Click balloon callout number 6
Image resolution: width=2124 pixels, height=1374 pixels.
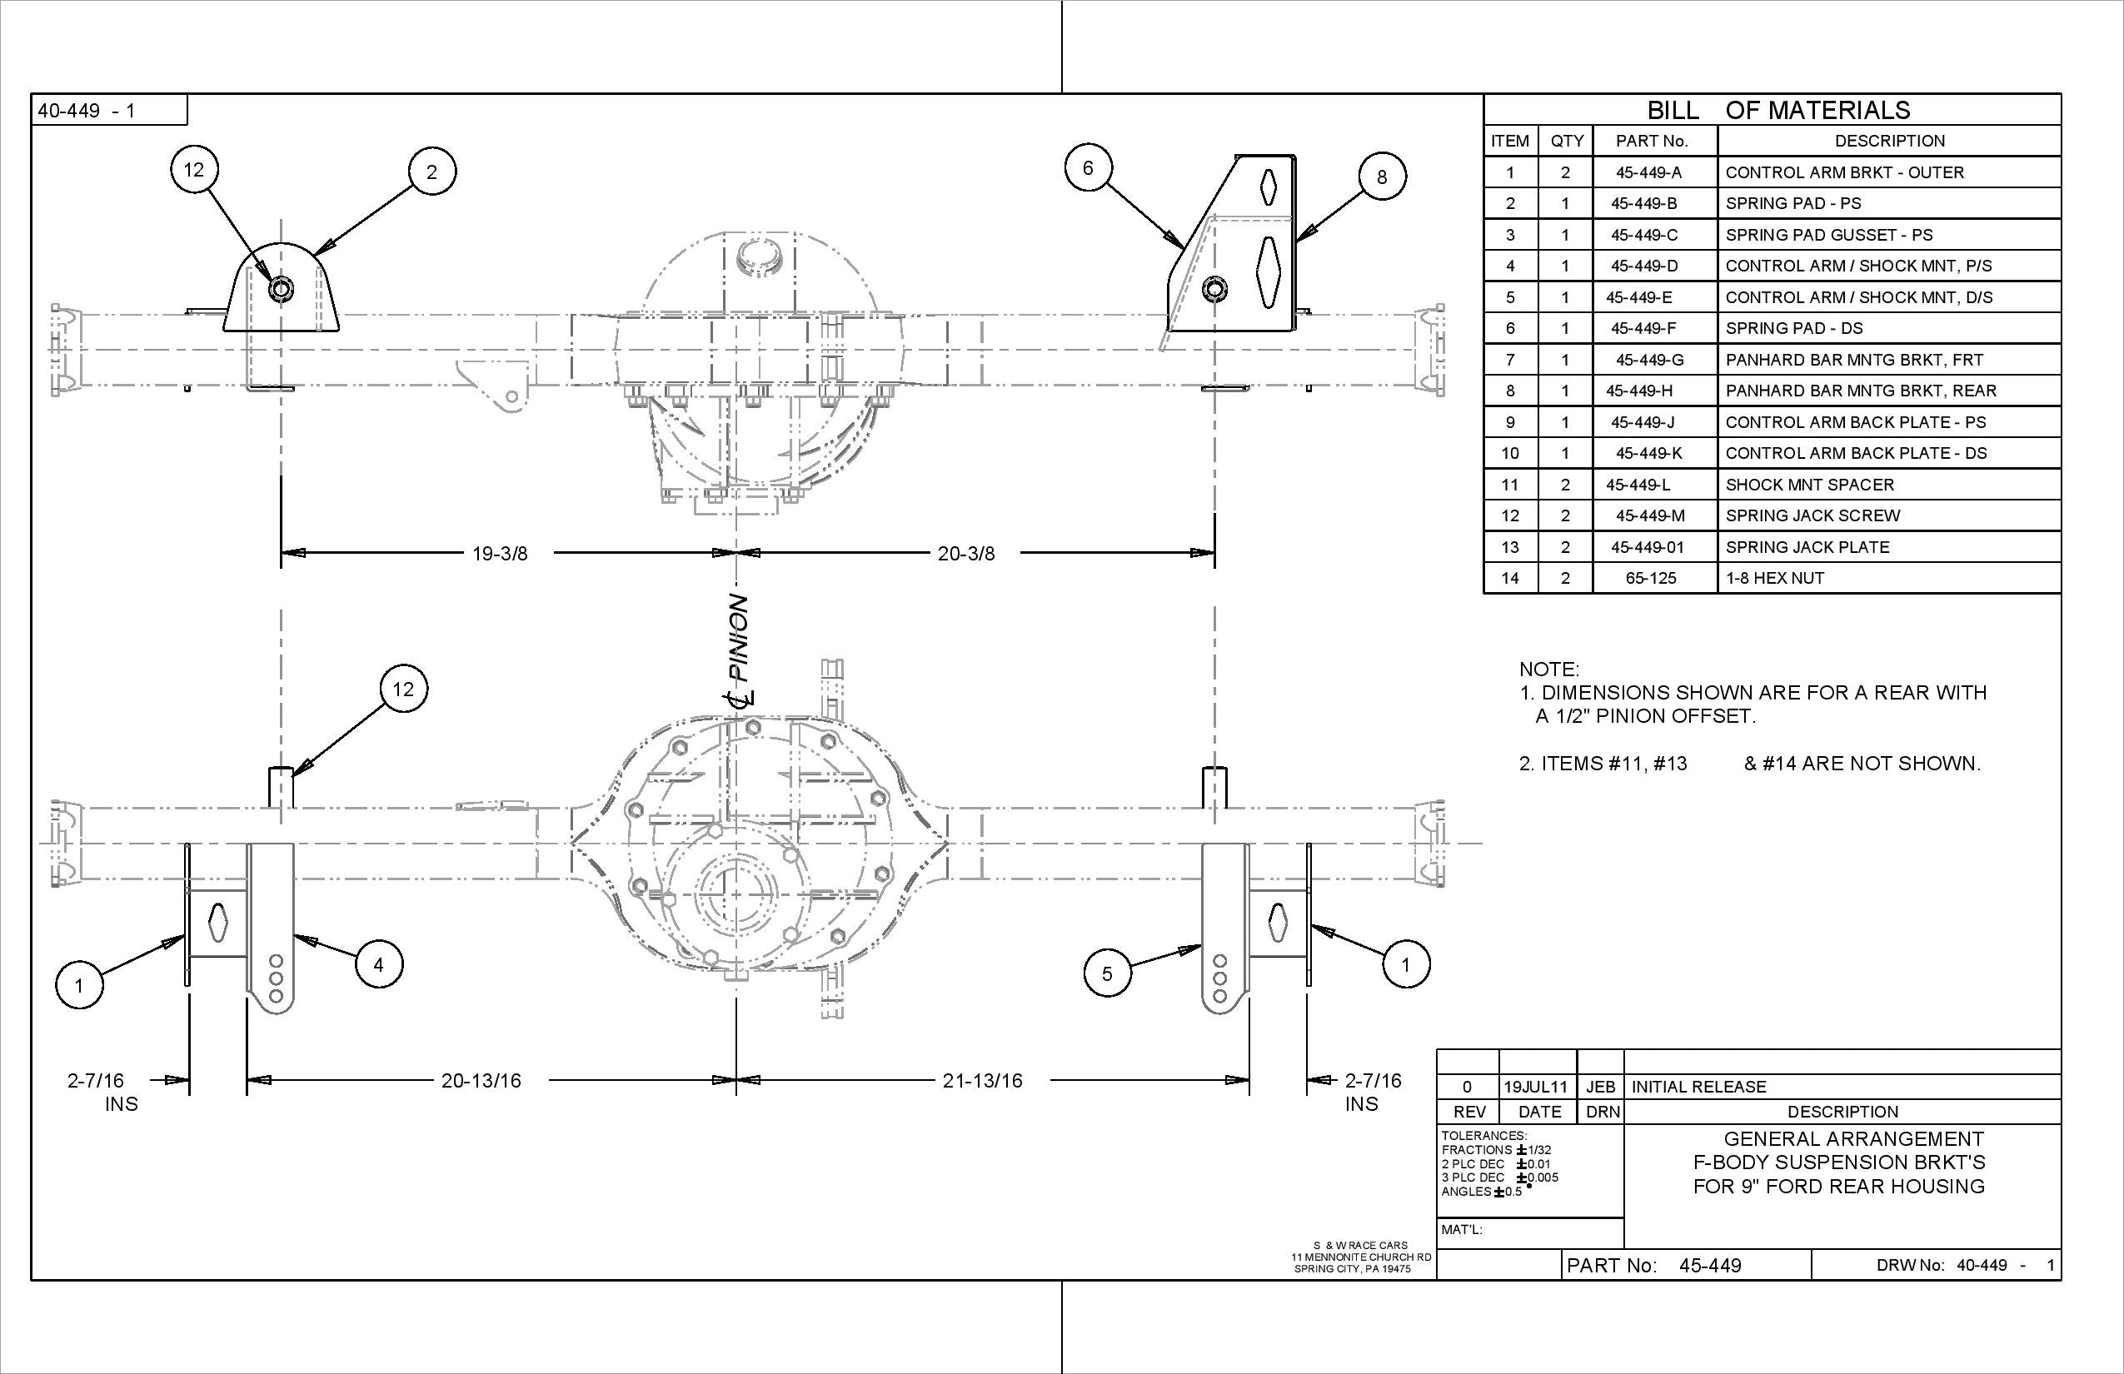pos(1087,167)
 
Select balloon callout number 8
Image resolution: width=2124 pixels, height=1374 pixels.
pos(1382,177)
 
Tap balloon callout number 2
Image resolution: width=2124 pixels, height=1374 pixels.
pos(432,172)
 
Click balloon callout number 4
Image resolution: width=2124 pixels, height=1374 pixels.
pos(378,964)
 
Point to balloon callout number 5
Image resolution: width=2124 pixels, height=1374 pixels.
pos(1107,973)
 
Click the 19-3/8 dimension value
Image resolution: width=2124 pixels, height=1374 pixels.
pos(500,553)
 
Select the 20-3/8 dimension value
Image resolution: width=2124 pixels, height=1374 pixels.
pos(965,553)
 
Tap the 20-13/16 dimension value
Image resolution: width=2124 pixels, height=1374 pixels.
pos(481,1081)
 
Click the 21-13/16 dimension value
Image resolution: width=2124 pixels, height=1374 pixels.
pos(982,1081)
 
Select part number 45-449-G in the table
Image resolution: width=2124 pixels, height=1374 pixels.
pos(1649,360)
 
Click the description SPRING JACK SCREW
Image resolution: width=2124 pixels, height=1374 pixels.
pos(1812,515)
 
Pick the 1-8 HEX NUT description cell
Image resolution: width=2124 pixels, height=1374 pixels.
pos(1774,578)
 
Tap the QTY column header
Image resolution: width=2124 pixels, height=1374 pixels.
pos(1566,141)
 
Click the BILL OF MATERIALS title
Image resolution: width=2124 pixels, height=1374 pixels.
pos(1777,110)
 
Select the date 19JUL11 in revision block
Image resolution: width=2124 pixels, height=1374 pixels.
pos(1535,1087)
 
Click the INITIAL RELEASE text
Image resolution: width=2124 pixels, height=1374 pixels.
pos(1698,1087)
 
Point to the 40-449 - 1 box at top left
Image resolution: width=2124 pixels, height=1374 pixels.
pos(87,111)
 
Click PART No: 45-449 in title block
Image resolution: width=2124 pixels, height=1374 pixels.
pos(1653,1265)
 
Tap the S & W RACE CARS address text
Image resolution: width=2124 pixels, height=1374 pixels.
pos(1360,1257)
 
